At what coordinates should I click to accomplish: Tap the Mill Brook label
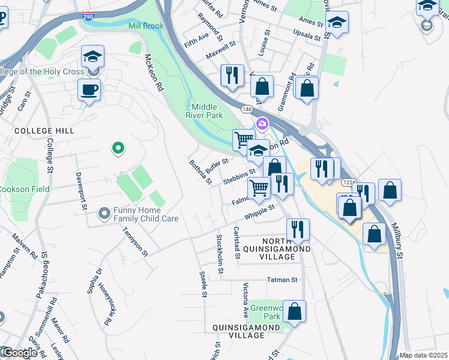click(145, 25)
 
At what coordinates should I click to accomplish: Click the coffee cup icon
click(89, 90)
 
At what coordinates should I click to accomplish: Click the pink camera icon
click(262, 124)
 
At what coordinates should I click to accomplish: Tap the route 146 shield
click(247, 109)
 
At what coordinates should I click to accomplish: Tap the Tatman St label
click(282, 280)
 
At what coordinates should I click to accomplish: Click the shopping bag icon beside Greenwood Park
click(294, 311)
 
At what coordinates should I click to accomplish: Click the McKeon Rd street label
click(154, 72)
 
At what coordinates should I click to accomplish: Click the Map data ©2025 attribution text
click(423, 355)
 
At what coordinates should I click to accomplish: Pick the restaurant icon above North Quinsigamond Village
click(297, 229)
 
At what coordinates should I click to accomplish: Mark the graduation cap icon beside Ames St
click(337, 23)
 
